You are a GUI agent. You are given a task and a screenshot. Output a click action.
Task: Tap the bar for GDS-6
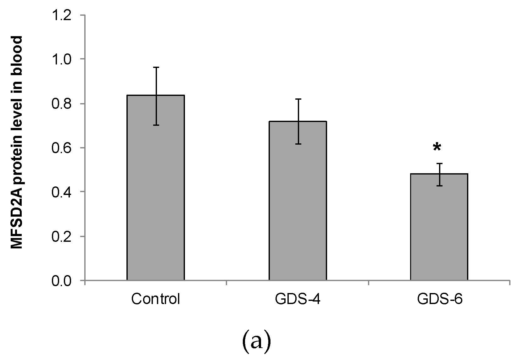coord(439,227)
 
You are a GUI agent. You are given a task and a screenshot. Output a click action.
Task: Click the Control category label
coord(156,299)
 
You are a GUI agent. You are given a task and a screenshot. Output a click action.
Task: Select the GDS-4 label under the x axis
coord(298,299)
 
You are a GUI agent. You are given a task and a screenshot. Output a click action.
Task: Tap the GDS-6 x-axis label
coord(439,299)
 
